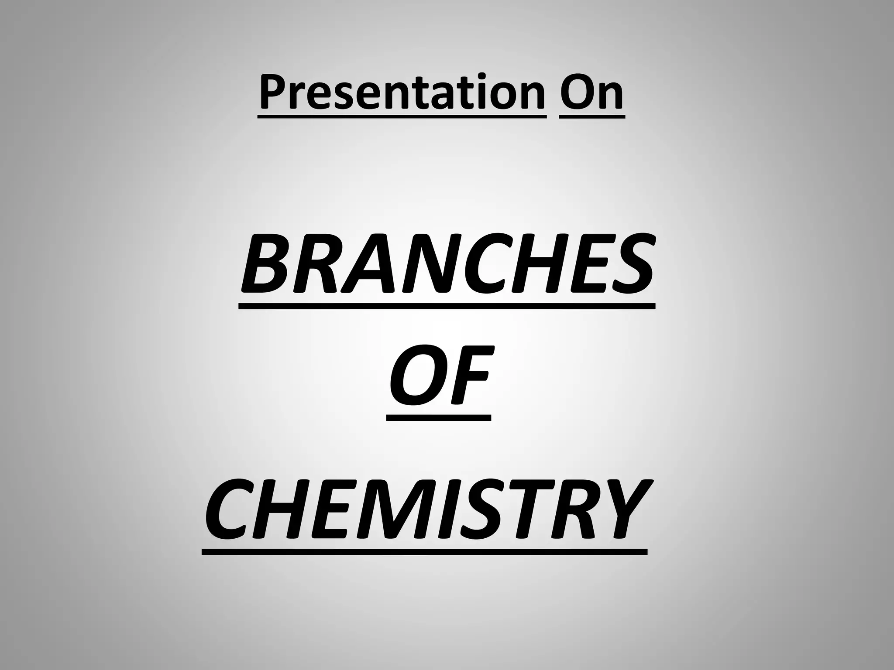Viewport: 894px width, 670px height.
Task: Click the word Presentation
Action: (x=402, y=92)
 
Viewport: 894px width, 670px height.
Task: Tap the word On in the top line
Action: (x=591, y=92)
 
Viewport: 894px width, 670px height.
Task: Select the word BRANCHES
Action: (x=447, y=264)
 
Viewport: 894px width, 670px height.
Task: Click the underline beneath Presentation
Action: (x=402, y=116)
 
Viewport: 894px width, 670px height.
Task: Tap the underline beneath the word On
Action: (x=591, y=116)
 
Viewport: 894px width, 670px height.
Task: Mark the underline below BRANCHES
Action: (x=447, y=306)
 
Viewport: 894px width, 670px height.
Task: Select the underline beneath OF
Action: (x=439, y=417)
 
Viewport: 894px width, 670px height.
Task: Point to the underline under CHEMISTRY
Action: (x=424, y=551)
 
